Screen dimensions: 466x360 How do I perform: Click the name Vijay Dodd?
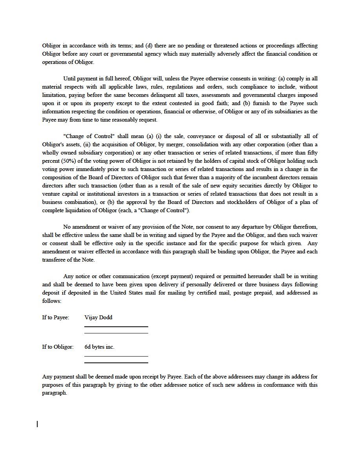click(98, 317)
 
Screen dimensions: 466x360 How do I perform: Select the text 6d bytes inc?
click(99, 347)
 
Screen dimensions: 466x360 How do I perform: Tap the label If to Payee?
click(56, 317)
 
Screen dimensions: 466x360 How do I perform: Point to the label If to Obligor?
click(58, 347)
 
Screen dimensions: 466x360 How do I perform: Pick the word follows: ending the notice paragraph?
click(51, 301)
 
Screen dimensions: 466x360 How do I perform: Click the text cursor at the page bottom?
click(37, 424)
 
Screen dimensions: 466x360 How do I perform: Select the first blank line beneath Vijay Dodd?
click(116, 326)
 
